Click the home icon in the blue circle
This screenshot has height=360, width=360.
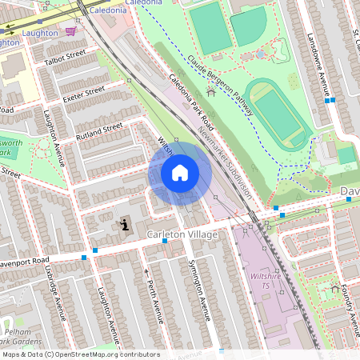pos(180,173)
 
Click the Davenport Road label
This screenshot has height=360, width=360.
pos(24,263)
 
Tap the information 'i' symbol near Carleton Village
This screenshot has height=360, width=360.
pos(124,226)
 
